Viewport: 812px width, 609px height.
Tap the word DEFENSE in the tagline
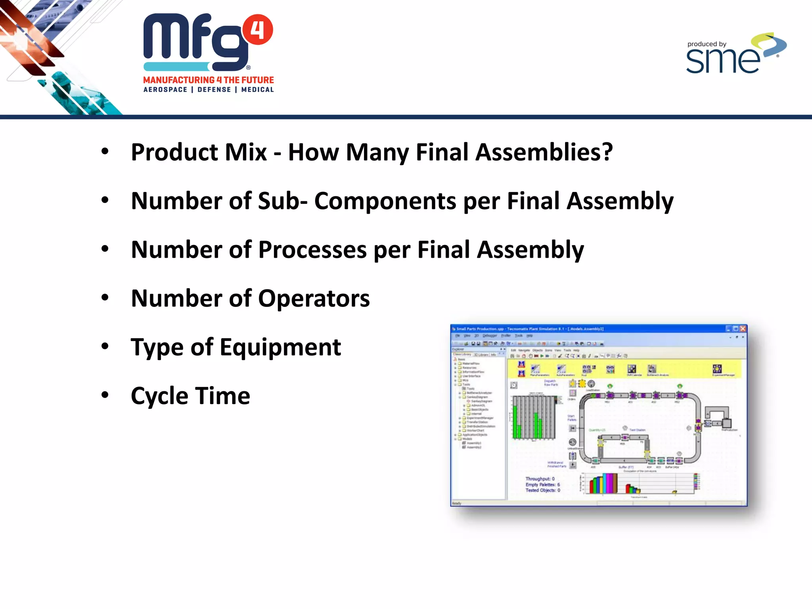(x=214, y=90)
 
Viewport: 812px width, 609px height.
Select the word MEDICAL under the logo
(x=257, y=90)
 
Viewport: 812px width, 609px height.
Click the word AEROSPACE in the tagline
(x=165, y=90)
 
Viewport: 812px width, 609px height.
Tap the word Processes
(x=312, y=250)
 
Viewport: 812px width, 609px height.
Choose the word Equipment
(x=280, y=347)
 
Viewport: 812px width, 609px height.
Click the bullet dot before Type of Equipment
(x=105, y=347)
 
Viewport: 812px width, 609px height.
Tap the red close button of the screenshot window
(x=743, y=329)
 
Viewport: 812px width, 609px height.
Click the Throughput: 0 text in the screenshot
(x=540, y=479)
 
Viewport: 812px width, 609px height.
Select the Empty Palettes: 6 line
(x=542, y=485)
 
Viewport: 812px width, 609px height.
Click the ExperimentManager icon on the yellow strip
(x=717, y=369)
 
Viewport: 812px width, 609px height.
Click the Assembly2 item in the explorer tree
(x=473, y=447)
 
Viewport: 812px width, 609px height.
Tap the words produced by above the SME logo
(x=707, y=44)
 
